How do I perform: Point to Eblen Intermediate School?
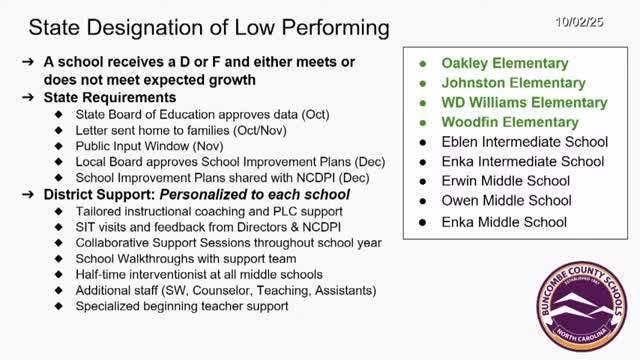tap(526, 141)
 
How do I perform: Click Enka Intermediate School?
tap(525, 161)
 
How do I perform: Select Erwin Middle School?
tap(506, 181)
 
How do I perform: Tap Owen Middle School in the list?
tap(507, 200)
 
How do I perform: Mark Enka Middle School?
tap(504, 221)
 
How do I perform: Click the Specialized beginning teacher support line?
tap(182, 306)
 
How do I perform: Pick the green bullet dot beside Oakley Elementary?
tap(423, 63)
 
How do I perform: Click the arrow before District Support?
tap(28, 193)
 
